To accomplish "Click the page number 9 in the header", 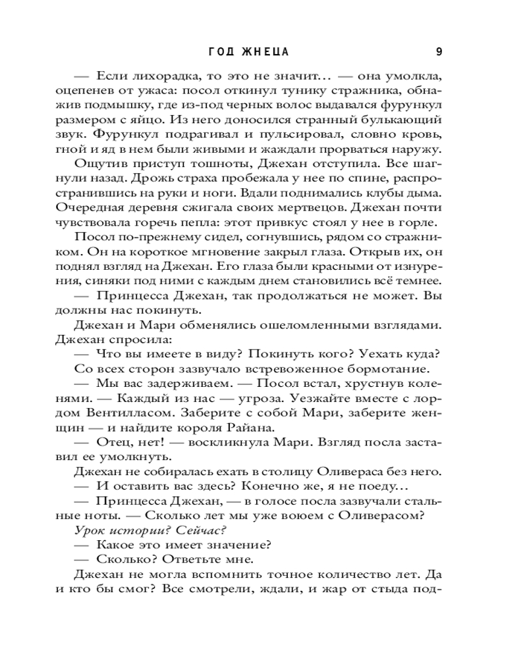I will [439, 52].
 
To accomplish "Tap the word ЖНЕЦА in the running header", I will [265, 52].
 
